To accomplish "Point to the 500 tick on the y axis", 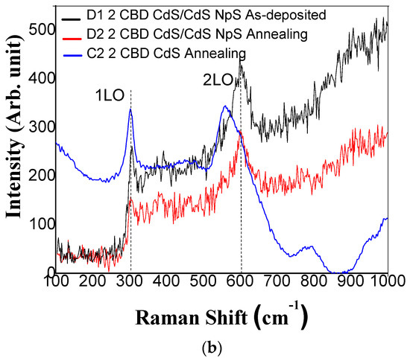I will [39, 30].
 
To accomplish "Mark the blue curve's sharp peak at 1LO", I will [130, 109].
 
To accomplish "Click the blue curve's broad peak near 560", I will [224, 106].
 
